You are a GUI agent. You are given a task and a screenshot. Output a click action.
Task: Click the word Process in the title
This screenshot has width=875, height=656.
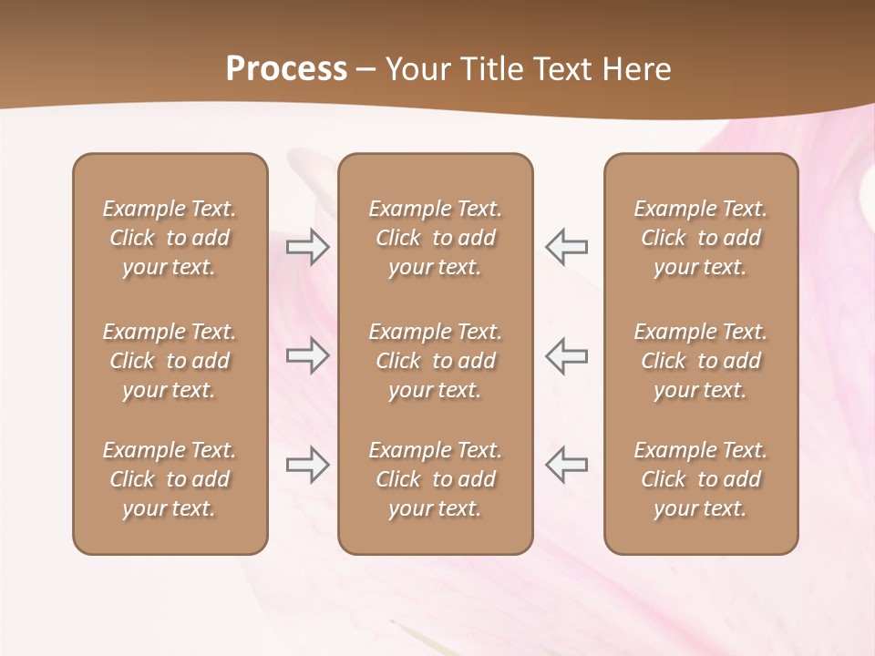(286, 69)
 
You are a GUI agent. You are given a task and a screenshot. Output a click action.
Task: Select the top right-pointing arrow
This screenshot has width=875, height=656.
(307, 247)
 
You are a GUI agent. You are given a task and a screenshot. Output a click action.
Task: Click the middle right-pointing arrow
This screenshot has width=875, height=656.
(307, 355)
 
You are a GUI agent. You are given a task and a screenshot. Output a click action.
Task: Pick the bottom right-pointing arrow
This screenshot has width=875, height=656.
(307, 465)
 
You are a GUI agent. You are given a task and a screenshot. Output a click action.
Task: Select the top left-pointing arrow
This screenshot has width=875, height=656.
(567, 247)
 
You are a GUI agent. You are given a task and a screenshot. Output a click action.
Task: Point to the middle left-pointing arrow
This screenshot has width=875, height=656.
(567, 355)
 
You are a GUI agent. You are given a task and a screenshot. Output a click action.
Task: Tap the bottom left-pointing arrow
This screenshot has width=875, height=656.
(567, 465)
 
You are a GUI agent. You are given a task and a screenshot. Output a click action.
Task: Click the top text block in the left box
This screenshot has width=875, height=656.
(170, 238)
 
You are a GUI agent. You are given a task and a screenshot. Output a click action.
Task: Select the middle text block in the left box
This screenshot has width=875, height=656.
(170, 361)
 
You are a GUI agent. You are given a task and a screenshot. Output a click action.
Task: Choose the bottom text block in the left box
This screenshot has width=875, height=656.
(170, 479)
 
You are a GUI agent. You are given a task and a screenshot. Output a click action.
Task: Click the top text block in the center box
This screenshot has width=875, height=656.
(435, 238)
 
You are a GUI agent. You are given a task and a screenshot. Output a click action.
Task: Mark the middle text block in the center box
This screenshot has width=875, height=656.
(435, 361)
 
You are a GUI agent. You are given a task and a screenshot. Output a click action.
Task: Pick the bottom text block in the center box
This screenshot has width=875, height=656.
(435, 479)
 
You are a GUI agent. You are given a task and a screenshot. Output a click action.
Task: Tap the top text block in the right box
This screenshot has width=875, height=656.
(700, 238)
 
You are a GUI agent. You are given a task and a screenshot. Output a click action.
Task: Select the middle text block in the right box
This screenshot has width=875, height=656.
(700, 361)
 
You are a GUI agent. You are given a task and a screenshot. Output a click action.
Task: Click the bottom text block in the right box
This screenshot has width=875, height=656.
(700, 479)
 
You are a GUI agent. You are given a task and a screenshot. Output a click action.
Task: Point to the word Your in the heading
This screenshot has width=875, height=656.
(416, 69)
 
